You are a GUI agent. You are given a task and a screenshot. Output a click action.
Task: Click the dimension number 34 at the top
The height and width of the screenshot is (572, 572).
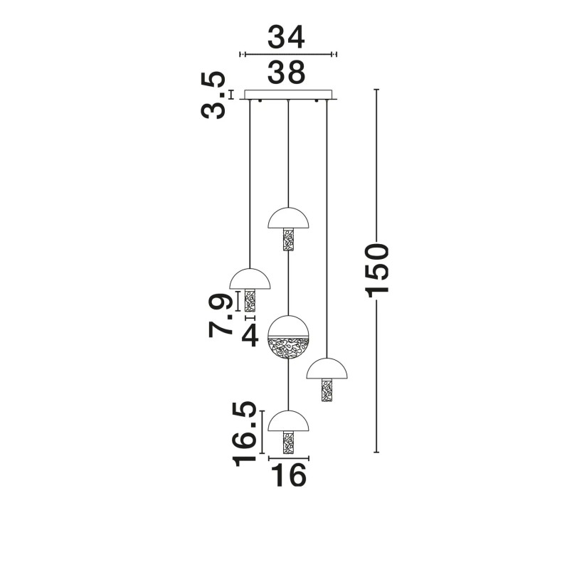pyautogui.click(x=286, y=37)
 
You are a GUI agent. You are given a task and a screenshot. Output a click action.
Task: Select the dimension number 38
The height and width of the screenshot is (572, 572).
pyautogui.click(x=286, y=72)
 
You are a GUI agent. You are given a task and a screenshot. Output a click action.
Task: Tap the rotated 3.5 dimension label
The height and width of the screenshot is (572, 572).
pyautogui.click(x=213, y=95)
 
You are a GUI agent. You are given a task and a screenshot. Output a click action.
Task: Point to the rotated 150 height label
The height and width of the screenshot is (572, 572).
pyautogui.click(x=377, y=270)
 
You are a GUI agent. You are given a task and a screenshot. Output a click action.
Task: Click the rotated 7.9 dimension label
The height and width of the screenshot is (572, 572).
pyautogui.click(x=221, y=314)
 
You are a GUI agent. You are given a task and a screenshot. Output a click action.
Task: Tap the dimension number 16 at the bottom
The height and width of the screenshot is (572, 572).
pyautogui.click(x=289, y=475)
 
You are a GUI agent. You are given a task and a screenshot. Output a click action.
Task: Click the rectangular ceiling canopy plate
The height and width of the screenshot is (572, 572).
pyautogui.click(x=288, y=95)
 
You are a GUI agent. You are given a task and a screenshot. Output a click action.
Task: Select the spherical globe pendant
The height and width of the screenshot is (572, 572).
pyautogui.click(x=289, y=337)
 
